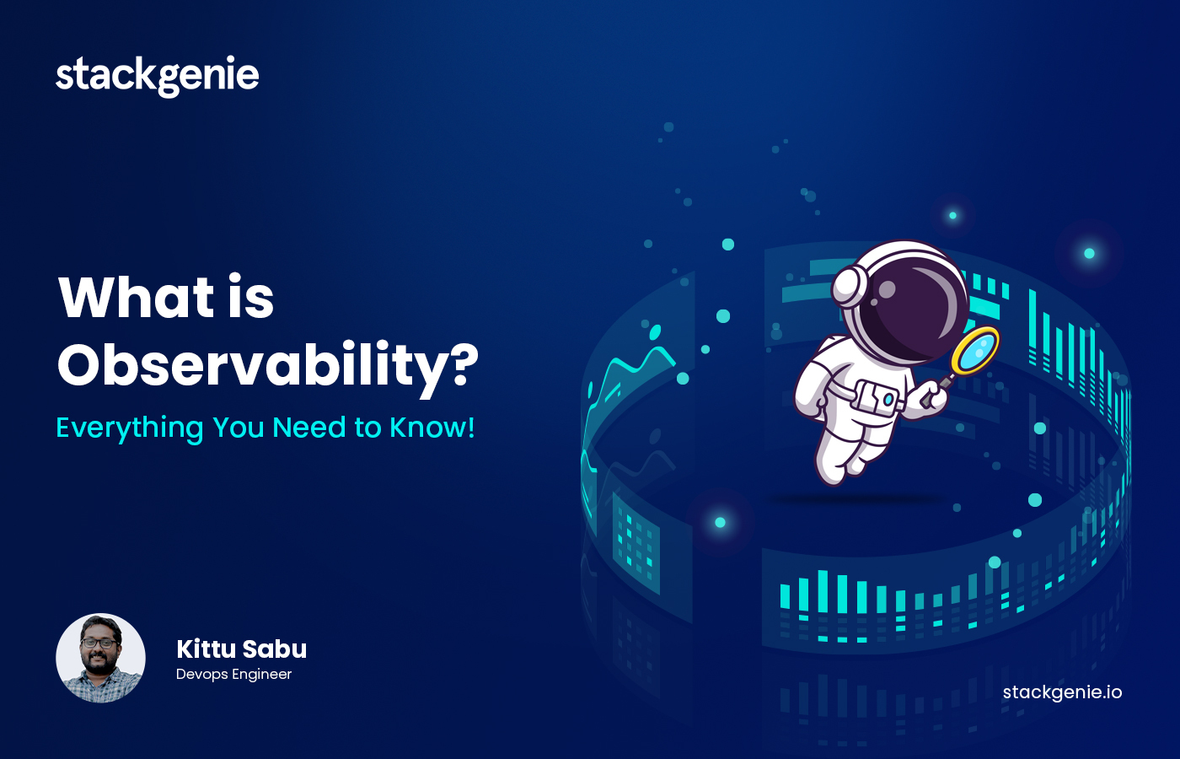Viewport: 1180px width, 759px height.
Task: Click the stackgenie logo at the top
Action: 158,76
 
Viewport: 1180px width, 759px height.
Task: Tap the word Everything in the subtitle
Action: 130,428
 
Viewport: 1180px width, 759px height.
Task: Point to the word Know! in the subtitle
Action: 432,427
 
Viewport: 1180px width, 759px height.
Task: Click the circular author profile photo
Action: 100,658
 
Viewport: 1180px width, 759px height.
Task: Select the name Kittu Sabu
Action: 241,649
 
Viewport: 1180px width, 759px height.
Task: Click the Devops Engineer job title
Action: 234,675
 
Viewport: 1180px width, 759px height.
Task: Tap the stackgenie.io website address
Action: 1062,692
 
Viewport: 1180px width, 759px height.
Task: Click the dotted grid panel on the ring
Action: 636,543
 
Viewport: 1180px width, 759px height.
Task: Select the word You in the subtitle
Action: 238,428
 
